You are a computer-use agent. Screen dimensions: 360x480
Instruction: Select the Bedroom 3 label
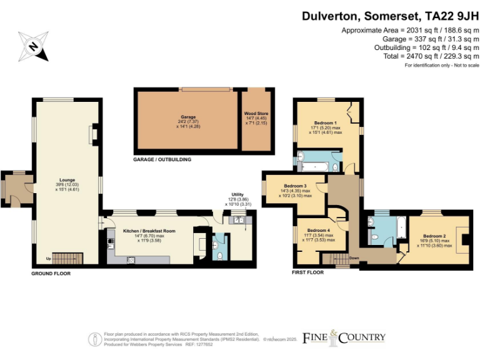[296, 186]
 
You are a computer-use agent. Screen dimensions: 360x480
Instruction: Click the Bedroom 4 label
[319, 231]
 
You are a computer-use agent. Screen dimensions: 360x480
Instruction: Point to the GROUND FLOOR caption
[51, 274]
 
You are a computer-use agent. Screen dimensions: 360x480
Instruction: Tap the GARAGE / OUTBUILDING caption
[162, 160]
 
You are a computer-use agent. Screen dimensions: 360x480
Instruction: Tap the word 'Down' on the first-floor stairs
[354, 257]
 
